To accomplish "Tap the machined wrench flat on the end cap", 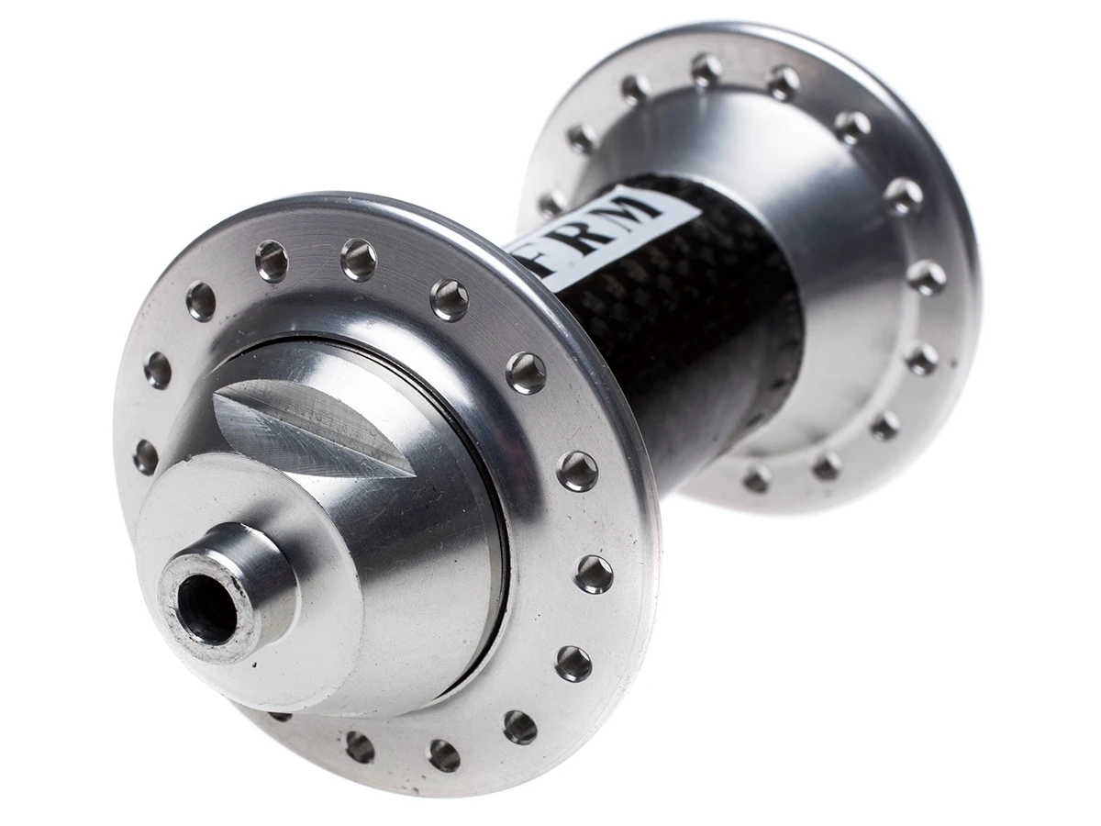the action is (312, 418).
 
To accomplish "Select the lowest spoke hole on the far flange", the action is (758, 478).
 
